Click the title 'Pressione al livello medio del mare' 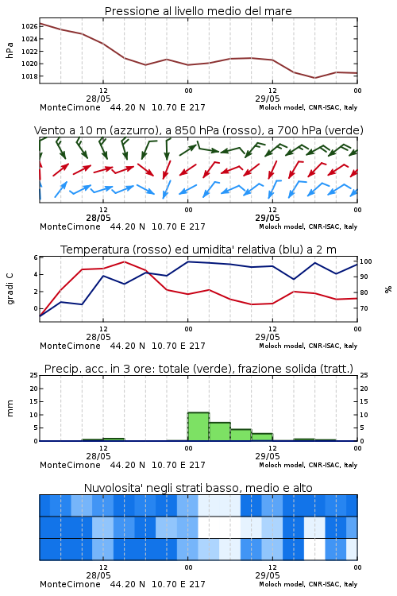click(198, 11)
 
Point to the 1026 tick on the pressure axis click(29, 26)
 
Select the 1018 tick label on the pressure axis click(29, 76)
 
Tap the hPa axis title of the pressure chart click(10, 50)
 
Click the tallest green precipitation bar click(198, 427)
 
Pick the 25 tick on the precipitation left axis click(34, 375)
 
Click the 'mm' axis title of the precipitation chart click(10, 408)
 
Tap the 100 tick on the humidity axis click(366, 261)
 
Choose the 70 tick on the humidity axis click(364, 308)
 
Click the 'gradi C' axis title click(10, 289)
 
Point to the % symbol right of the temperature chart click(388, 289)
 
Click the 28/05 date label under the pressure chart click(98, 99)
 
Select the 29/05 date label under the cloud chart click(268, 575)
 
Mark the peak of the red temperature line click(124, 261)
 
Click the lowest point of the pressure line click(314, 78)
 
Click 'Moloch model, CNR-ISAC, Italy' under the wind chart click(308, 226)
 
